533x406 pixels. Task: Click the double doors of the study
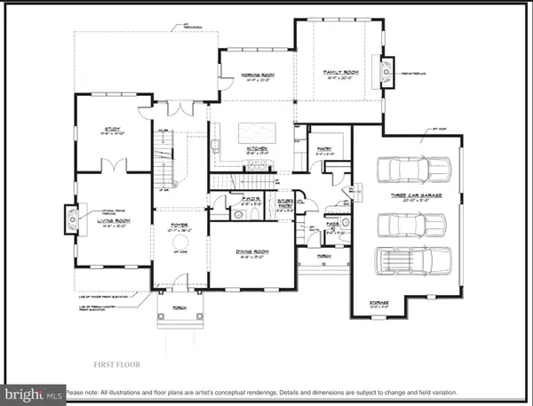(x=114, y=164)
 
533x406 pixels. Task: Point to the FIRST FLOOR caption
(x=118, y=364)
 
